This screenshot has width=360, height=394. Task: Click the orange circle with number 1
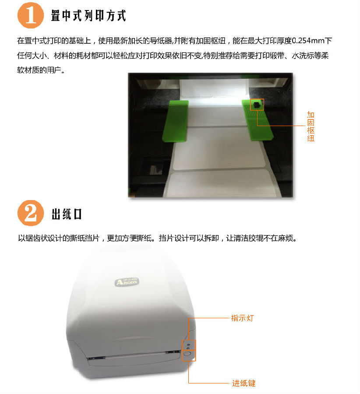pyautogui.click(x=30, y=15)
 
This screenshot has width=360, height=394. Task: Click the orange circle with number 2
pyautogui.click(x=30, y=213)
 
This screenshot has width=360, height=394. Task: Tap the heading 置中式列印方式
pyautogui.click(x=88, y=16)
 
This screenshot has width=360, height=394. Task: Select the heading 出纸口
pyautogui.click(x=67, y=215)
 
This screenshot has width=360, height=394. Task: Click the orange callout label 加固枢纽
pyautogui.click(x=311, y=127)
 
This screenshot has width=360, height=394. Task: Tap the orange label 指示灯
pyautogui.click(x=243, y=318)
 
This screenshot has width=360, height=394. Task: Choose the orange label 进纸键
pyautogui.click(x=244, y=383)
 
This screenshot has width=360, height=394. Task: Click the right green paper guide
pyautogui.click(x=257, y=120)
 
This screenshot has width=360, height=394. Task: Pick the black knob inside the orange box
pyautogui.click(x=256, y=105)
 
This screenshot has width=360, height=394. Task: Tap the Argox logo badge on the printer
pyautogui.click(x=127, y=282)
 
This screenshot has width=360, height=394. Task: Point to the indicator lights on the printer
pyautogui.click(x=188, y=346)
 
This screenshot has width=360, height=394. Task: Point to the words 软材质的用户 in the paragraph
pyautogui.click(x=39, y=70)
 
